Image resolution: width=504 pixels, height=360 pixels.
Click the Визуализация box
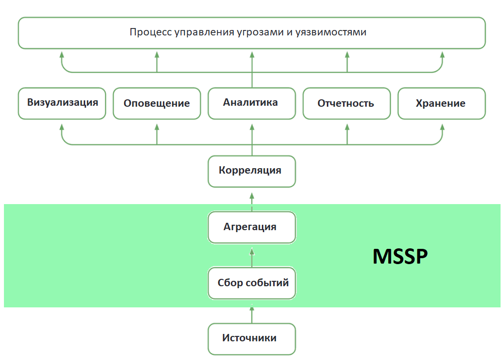click(x=62, y=103)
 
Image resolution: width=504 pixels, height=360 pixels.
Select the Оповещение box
click(x=157, y=103)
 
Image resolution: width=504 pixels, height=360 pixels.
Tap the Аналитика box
click(x=252, y=103)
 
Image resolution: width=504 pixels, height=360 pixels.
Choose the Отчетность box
click(x=346, y=103)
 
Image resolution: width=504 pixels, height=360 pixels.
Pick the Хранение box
click(x=441, y=103)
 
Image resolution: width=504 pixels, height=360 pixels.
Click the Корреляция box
click(x=252, y=171)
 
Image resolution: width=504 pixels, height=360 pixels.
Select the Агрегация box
click(x=252, y=227)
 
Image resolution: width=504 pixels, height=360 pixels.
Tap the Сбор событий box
click(x=252, y=283)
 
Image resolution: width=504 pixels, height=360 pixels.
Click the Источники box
click(x=252, y=338)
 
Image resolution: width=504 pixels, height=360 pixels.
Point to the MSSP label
click(x=400, y=256)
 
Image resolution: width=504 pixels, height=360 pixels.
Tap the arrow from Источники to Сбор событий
click(x=252, y=315)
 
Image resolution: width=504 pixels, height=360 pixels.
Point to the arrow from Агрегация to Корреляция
click(x=252, y=199)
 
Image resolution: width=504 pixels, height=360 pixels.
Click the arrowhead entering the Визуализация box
click(x=62, y=127)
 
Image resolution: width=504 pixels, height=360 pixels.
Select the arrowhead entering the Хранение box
click(x=441, y=127)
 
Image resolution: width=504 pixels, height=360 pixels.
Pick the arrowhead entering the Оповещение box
click(x=157, y=127)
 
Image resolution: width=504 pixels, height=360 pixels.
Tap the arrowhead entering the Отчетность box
click(x=346, y=127)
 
